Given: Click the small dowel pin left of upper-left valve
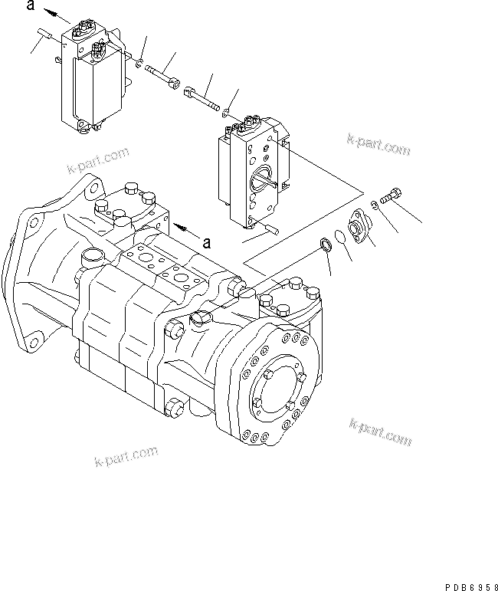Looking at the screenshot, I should tap(44, 34).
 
